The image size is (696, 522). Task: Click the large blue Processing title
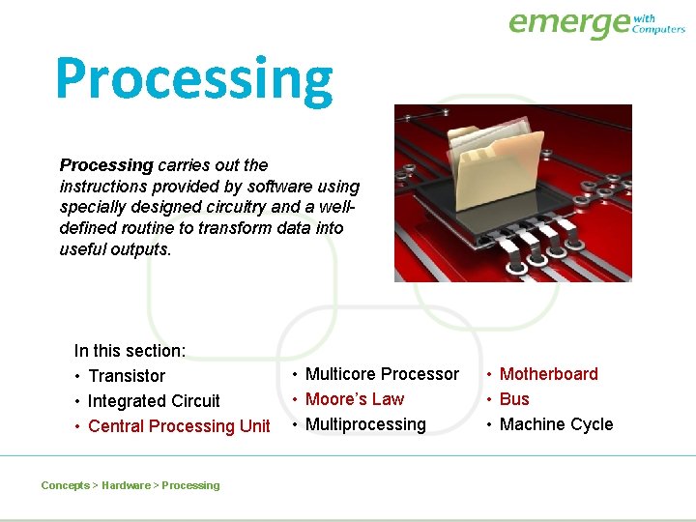tap(193, 80)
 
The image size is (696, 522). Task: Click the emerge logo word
tap(568, 23)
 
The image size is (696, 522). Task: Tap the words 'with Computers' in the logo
tap(658, 23)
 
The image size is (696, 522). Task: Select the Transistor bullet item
tap(126, 376)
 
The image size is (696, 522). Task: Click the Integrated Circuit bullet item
tap(154, 401)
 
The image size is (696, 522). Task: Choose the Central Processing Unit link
tap(179, 426)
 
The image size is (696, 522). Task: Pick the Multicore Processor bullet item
tap(382, 374)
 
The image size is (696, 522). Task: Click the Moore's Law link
tap(355, 399)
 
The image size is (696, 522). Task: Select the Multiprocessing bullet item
tap(365, 424)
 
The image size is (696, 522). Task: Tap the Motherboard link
tap(548, 374)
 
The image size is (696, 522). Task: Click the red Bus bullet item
tap(514, 399)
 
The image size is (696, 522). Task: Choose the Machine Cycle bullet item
tap(556, 424)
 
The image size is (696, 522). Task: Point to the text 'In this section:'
tap(130, 351)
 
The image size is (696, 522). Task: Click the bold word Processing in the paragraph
tap(106, 165)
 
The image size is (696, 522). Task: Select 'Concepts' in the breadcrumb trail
tap(65, 485)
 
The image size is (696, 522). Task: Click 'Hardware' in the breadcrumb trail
tap(126, 485)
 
